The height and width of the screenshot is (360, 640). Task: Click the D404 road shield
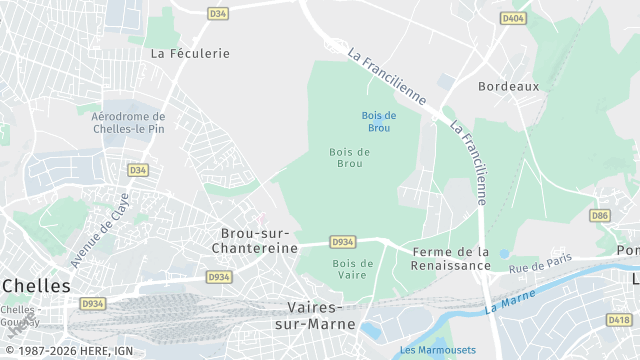click(x=513, y=18)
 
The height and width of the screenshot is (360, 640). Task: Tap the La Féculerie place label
click(x=190, y=53)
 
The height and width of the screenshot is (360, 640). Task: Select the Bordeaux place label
click(x=508, y=86)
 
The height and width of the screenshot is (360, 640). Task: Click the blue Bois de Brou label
click(x=379, y=122)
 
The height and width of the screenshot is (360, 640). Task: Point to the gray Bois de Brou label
click(x=350, y=157)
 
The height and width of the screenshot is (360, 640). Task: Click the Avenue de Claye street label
click(x=100, y=230)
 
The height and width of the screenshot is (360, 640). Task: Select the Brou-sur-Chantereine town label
click(x=256, y=240)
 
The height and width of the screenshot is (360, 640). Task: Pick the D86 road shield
click(x=600, y=215)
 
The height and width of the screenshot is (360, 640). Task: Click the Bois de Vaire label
click(x=352, y=270)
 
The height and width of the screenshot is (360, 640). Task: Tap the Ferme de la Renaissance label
click(x=451, y=259)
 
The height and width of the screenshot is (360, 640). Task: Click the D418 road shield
click(x=619, y=320)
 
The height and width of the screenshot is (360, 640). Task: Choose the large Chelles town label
click(x=36, y=286)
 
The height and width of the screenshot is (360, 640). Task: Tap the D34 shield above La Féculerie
click(x=218, y=13)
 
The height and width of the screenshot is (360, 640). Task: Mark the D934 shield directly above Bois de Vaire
click(x=342, y=242)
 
